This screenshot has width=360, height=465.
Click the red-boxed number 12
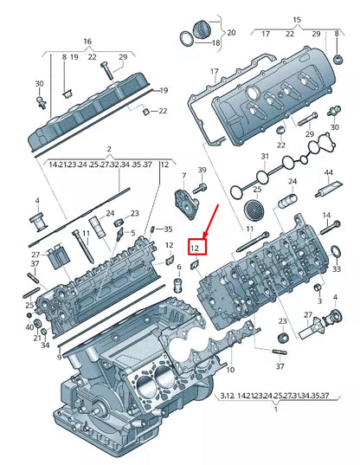click(x=196, y=248)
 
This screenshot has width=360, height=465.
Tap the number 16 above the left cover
click(x=87, y=42)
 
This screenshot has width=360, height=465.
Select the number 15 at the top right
click(x=297, y=18)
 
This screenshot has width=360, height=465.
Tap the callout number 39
click(x=202, y=170)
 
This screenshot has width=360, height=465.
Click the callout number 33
click(x=336, y=269)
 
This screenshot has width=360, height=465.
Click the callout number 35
click(x=168, y=229)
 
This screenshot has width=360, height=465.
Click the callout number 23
click(x=134, y=213)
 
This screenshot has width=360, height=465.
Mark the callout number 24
click(x=292, y=182)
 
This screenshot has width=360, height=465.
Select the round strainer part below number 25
click(x=254, y=209)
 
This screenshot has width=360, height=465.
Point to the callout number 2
click(x=109, y=149)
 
